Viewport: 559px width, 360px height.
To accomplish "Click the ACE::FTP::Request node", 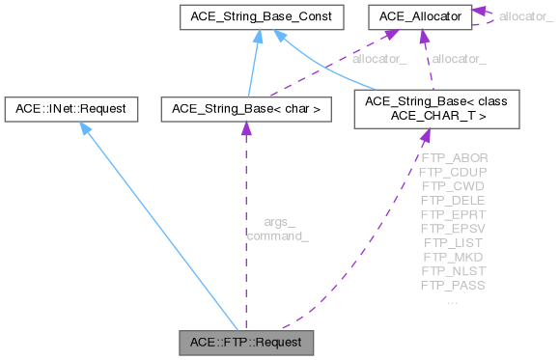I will [x=247, y=342].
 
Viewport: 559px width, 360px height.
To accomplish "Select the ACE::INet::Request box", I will [x=69, y=109].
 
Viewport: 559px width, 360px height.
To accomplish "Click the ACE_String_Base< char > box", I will [x=245, y=109].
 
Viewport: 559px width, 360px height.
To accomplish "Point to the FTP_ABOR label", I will [x=454, y=156].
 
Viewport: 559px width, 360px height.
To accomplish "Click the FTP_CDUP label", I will [x=454, y=171].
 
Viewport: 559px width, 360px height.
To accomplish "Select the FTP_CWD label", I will [x=454, y=185].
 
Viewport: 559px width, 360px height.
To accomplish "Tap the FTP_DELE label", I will [x=454, y=200].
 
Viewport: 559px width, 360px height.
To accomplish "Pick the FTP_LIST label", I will [x=454, y=242].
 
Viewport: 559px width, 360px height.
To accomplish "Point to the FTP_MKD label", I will [x=454, y=257].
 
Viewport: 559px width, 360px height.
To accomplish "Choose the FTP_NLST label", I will [x=454, y=271].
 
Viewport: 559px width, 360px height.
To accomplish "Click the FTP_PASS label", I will [x=454, y=286].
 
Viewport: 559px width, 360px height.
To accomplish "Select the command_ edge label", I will [x=278, y=235].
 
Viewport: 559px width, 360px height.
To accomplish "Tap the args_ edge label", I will [x=278, y=222].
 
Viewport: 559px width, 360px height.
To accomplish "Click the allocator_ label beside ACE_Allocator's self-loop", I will [x=527, y=16].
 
